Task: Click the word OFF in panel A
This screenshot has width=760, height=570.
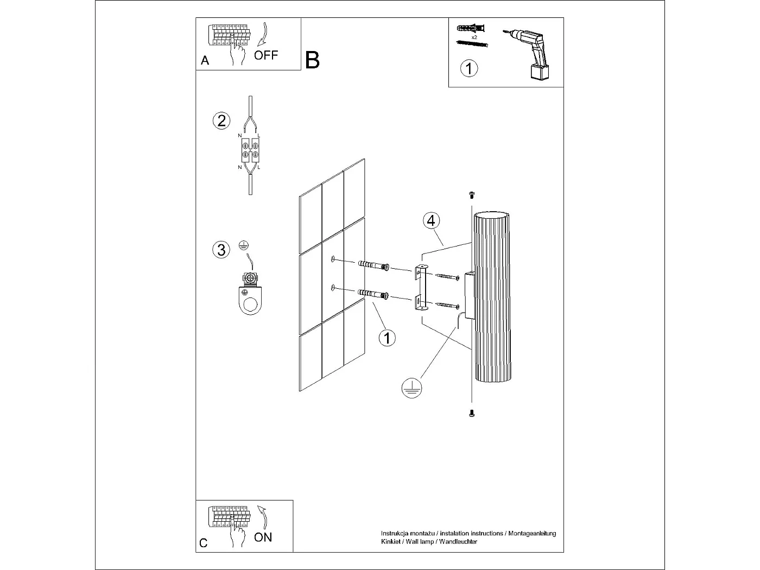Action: (266, 55)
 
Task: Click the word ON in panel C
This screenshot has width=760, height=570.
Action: (263, 537)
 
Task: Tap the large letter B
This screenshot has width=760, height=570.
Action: (313, 60)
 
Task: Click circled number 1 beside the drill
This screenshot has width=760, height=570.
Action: (469, 69)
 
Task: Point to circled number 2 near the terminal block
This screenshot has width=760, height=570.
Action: (221, 120)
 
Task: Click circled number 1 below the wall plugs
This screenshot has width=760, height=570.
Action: (387, 338)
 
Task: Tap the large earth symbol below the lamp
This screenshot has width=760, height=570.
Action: (413, 388)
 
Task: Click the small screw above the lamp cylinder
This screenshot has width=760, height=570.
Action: (471, 195)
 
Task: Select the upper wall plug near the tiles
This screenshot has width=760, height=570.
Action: (373, 265)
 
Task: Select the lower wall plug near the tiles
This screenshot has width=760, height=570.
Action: (373, 295)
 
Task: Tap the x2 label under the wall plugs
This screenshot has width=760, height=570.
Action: (474, 37)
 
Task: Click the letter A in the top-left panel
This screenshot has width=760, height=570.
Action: (205, 61)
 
